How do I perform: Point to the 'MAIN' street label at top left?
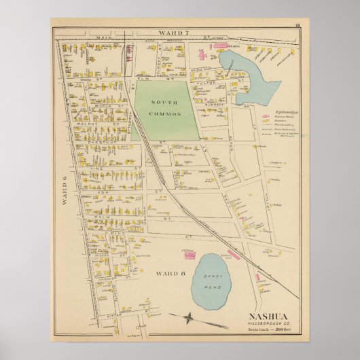[x=87, y=40]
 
